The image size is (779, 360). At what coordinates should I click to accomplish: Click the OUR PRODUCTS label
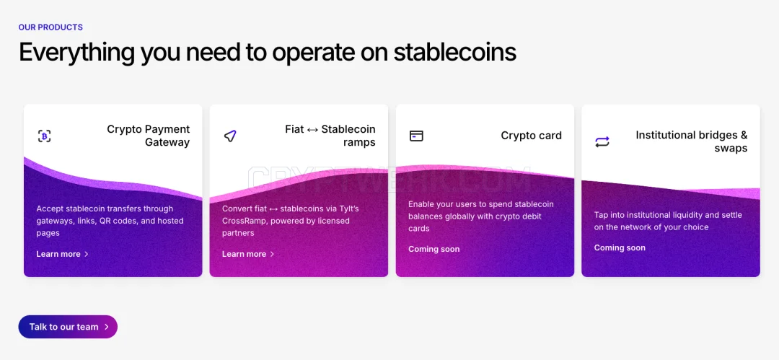tap(50, 27)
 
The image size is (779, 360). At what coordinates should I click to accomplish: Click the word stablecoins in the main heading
tap(454, 52)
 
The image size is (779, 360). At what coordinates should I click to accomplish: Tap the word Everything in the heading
tap(76, 52)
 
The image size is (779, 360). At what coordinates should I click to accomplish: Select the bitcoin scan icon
tap(45, 136)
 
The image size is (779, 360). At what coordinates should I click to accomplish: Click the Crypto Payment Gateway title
tap(149, 136)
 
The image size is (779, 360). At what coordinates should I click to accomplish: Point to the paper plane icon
tap(230, 136)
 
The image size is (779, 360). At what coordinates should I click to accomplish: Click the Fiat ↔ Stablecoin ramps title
tap(330, 136)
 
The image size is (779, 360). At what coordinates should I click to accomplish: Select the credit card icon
tap(416, 136)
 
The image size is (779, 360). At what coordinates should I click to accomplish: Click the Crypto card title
tap(531, 136)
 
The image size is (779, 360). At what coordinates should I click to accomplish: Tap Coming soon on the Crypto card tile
tap(433, 249)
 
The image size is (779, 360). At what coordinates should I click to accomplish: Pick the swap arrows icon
tap(602, 141)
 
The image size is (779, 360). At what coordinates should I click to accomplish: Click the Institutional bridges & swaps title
tap(692, 141)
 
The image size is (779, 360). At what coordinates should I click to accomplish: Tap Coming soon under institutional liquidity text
tap(620, 247)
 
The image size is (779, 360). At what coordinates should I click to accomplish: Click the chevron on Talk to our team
tap(106, 327)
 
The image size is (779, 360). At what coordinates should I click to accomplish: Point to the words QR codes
tap(120, 221)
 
